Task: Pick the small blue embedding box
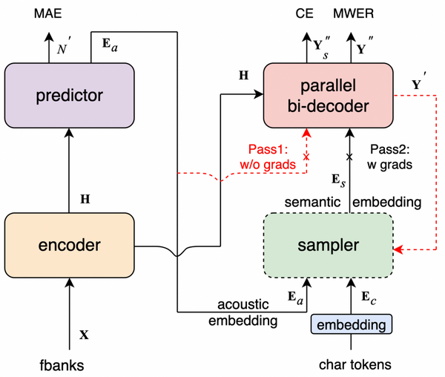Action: pos(348,325)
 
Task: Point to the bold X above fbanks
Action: pos(84,334)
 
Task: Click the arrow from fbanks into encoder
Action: pos(69,312)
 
